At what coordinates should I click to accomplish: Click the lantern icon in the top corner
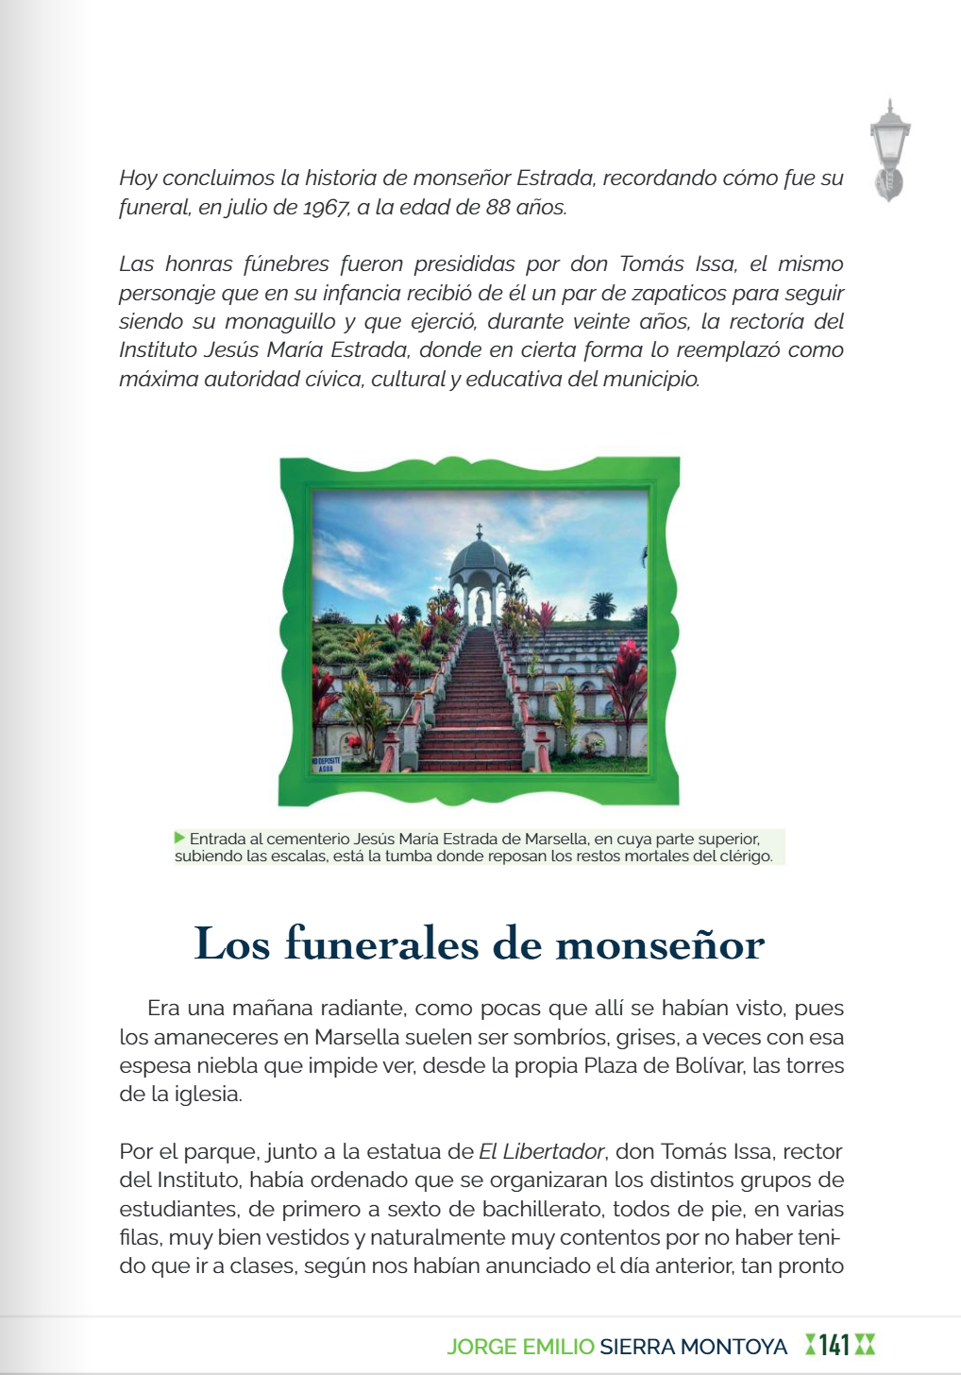coord(888,151)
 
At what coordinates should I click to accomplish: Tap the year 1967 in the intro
coord(326,208)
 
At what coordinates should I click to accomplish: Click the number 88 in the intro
coord(497,208)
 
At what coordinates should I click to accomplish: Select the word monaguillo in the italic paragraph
coord(280,322)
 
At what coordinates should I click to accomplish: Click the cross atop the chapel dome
coord(480,530)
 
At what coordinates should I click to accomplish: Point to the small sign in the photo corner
coord(326,764)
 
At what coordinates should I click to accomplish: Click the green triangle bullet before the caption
coord(179,838)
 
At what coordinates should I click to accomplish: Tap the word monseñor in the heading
coord(660,944)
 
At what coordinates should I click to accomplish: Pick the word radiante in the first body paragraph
coord(360,1009)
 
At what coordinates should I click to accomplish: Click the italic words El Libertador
coord(541,1152)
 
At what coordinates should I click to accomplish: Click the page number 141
coord(835,1346)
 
